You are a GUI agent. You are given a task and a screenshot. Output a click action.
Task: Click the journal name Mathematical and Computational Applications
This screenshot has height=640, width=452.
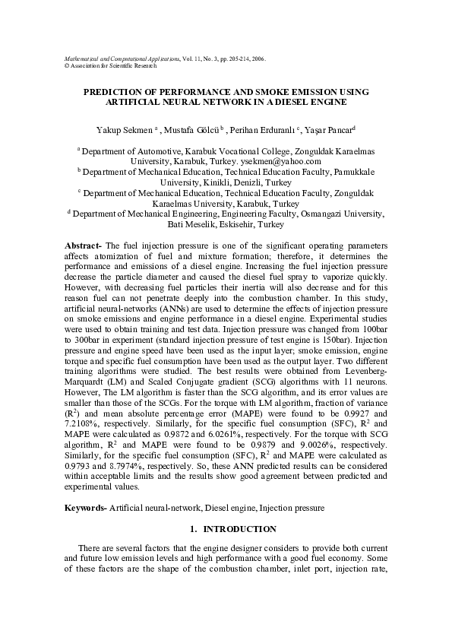tap(118, 58)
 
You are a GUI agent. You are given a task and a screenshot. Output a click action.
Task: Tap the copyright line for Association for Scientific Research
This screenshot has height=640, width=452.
tap(102, 65)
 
